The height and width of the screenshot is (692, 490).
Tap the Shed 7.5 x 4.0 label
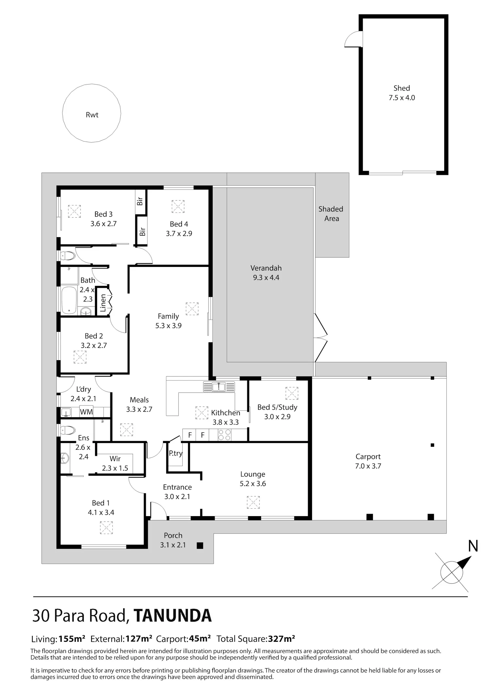coord(401,93)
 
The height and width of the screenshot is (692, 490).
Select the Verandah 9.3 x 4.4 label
coord(266,273)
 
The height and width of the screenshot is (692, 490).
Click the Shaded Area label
coord(331,214)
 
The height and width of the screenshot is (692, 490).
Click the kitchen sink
coord(219,387)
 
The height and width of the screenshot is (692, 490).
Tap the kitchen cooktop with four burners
coord(224,435)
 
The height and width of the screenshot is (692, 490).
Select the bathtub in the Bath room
coord(69,300)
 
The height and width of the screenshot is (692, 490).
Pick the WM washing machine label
coord(86,412)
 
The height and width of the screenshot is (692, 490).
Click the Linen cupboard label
coord(103,303)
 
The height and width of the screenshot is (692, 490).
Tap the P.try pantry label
coord(175,454)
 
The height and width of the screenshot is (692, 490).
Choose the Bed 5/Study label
coord(277,407)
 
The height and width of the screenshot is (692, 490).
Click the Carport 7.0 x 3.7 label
coord(368,461)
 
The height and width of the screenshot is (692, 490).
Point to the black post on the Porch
coord(200,545)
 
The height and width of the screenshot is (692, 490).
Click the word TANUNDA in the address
coord(172,616)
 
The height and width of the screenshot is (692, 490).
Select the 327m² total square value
coord(282,638)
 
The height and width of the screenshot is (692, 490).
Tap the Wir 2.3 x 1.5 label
coord(115,463)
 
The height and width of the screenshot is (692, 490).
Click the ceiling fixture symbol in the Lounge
coord(253,502)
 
